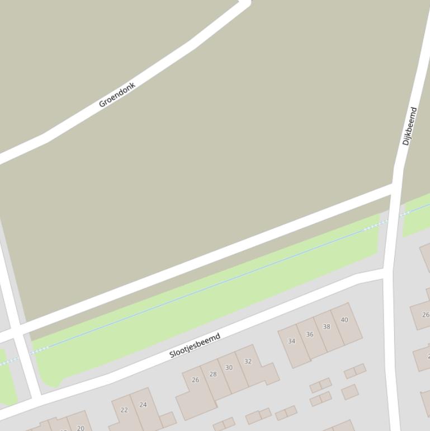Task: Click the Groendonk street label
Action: (x=117, y=95)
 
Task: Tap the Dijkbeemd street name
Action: (x=410, y=127)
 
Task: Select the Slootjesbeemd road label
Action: (x=195, y=345)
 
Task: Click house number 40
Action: (x=344, y=320)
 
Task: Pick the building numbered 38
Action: (x=327, y=327)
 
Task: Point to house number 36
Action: (x=310, y=334)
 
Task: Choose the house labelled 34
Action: (x=291, y=341)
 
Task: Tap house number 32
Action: (x=248, y=361)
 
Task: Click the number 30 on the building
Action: (x=229, y=368)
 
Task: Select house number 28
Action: (x=212, y=374)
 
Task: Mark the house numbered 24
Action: (x=143, y=405)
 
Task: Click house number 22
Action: (x=124, y=410)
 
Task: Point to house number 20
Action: (x=81, y=428)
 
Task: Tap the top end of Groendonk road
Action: (x=245, y=3)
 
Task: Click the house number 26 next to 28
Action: (x=195, y=380)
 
